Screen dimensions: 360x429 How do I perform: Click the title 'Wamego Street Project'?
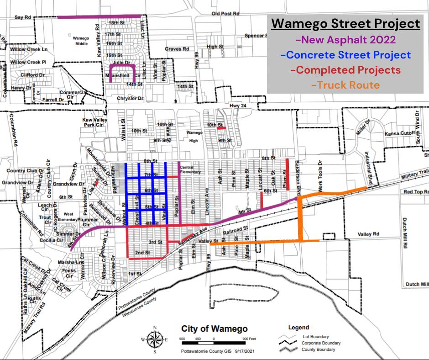click(x=345, y=24)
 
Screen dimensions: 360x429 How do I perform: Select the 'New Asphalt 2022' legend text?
click(x=345, y=40)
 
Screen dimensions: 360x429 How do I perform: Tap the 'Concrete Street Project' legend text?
click(x=345, y=55)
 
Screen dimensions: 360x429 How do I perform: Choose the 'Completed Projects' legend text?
click(x=345, y=70)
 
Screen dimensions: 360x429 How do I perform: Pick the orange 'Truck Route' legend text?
click(x=345, y=85)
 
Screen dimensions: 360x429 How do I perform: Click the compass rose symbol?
click(x=155, y=339)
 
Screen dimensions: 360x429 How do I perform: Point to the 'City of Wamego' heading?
click(x=214, y=329)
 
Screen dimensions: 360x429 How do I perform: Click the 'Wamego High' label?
click(x=194, y=137)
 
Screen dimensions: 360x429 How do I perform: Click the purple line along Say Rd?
click(x=99, y=17)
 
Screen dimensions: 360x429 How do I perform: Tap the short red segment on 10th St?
click(x=221, y=128)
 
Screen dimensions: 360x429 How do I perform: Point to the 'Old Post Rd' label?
click(x=225, y=14)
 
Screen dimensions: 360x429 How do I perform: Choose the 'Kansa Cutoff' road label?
click(x=399, y=133)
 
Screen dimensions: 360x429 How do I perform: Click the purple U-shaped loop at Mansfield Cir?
click(x=122, y=69)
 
